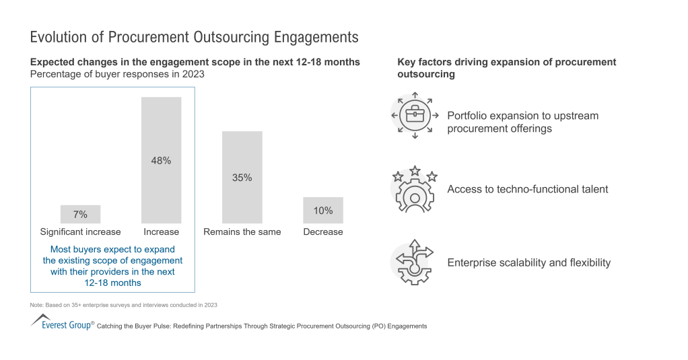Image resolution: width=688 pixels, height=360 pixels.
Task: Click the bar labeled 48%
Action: point(162,160)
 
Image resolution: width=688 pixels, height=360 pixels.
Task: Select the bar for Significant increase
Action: point(80,214)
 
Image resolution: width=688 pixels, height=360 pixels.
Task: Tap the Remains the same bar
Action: point(242,177)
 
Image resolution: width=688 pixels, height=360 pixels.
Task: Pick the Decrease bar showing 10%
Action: point(323,210)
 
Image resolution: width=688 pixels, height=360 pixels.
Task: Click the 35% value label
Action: point(242,178)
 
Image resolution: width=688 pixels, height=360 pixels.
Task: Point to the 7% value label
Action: point(80,215)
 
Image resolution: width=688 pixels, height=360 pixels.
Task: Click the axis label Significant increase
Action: point(80,232)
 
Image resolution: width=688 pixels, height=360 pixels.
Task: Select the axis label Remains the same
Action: point(242,232)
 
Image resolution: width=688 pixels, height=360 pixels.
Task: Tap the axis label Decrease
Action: point(323,232)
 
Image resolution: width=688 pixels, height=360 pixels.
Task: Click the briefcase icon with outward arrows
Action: point(415,116)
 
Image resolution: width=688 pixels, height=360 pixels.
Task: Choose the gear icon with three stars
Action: point(415,189)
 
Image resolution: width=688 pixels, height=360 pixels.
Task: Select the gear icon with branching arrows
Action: point(415,262)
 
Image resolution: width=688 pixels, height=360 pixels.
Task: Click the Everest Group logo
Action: point(61,322)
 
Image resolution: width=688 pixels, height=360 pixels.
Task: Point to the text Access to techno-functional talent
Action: point(527,189)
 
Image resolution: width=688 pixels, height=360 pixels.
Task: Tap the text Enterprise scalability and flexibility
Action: point(528,262)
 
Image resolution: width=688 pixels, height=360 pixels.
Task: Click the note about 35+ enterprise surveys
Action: point(124,305)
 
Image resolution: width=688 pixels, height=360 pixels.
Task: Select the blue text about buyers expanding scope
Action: point(112,266)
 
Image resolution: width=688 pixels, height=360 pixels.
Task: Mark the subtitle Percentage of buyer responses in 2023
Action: point(117,74)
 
